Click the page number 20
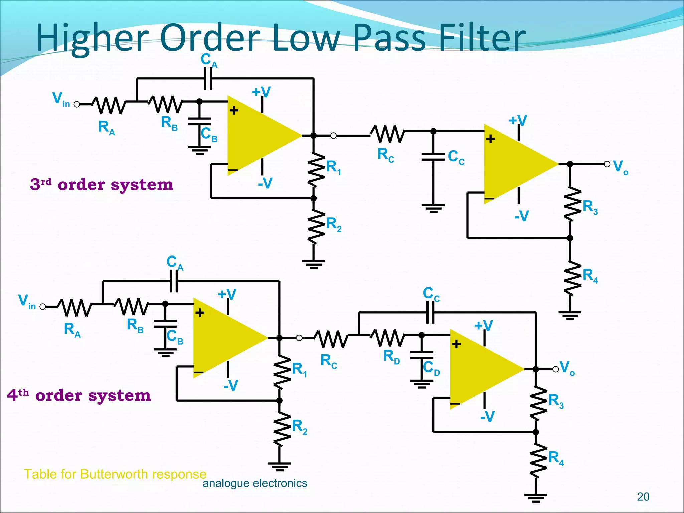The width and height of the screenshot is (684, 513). pyautogui.click(x=643, y=497)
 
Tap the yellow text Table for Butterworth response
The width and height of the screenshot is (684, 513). pyautogui.click(x=115, y=474)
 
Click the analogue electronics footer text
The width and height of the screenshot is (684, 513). pyautogui.click(x=255, y=483)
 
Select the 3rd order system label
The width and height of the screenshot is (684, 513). pyautogui.click(x=102, y=184)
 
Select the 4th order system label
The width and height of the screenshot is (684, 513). pyautogui.click(x=79, y=395)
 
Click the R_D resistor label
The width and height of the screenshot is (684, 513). pyautogui.click(x=391, y=356)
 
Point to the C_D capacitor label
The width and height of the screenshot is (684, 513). pyautogui.click(x=431, y=368)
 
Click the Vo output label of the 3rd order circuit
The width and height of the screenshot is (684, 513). pyautogui.click(x=620, y=167)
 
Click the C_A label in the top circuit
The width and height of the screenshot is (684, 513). pyautogui.click(x=209, y=60)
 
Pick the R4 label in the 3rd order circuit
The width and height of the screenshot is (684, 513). pyautogui.click(x=590, y=276)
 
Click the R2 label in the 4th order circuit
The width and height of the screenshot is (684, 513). pyautogui.click(x=299, y=427)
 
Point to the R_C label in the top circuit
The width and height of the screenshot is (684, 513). pyautogui.click(x=386, y=155)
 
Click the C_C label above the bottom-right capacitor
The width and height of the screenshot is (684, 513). pyautogui.click(x=431, y=294)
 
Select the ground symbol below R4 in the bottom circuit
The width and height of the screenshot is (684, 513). pyautogui.click(x=536, y=498)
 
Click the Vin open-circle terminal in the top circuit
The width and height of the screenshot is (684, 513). pyautogui.click(x=77, y=104)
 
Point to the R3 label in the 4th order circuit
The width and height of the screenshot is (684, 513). pyautogui.click(x=556, y=401)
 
